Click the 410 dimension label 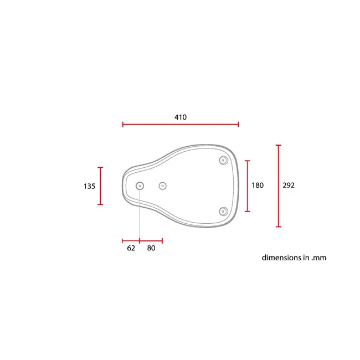click(x=181, y=117)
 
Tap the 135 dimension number click(x=89, y=186)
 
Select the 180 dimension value click(x=258, y=186)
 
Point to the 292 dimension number click(x=289, y=186)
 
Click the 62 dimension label click(x=131, y=248)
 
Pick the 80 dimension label click(x=151, y=248)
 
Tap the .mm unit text click(x=318, y=258)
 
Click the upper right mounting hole click(x=223, y=160)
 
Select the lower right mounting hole click(x=223, y=212)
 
